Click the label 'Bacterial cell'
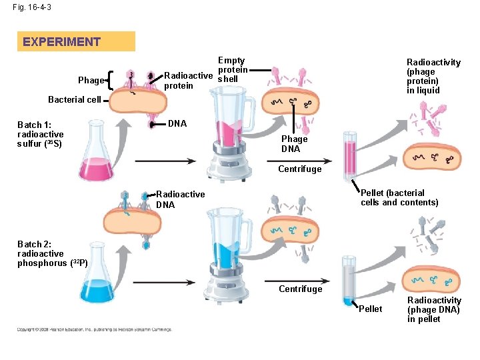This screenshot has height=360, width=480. point(74,100)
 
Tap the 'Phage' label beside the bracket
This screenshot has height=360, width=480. point(91,81)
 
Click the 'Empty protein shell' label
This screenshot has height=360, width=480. point(232,70)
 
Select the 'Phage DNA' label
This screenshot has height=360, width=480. point(294,144)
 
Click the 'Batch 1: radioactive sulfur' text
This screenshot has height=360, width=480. point(41,134)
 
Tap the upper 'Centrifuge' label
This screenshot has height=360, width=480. point(300,169)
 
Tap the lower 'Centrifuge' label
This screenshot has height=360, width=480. point(300,289)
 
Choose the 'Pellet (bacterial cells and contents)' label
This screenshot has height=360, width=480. point(399,198)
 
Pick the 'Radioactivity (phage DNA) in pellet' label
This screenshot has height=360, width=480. point(434,310)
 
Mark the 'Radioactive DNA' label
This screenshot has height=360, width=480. point(180,199)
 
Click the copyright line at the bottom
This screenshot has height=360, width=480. point(94,329)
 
